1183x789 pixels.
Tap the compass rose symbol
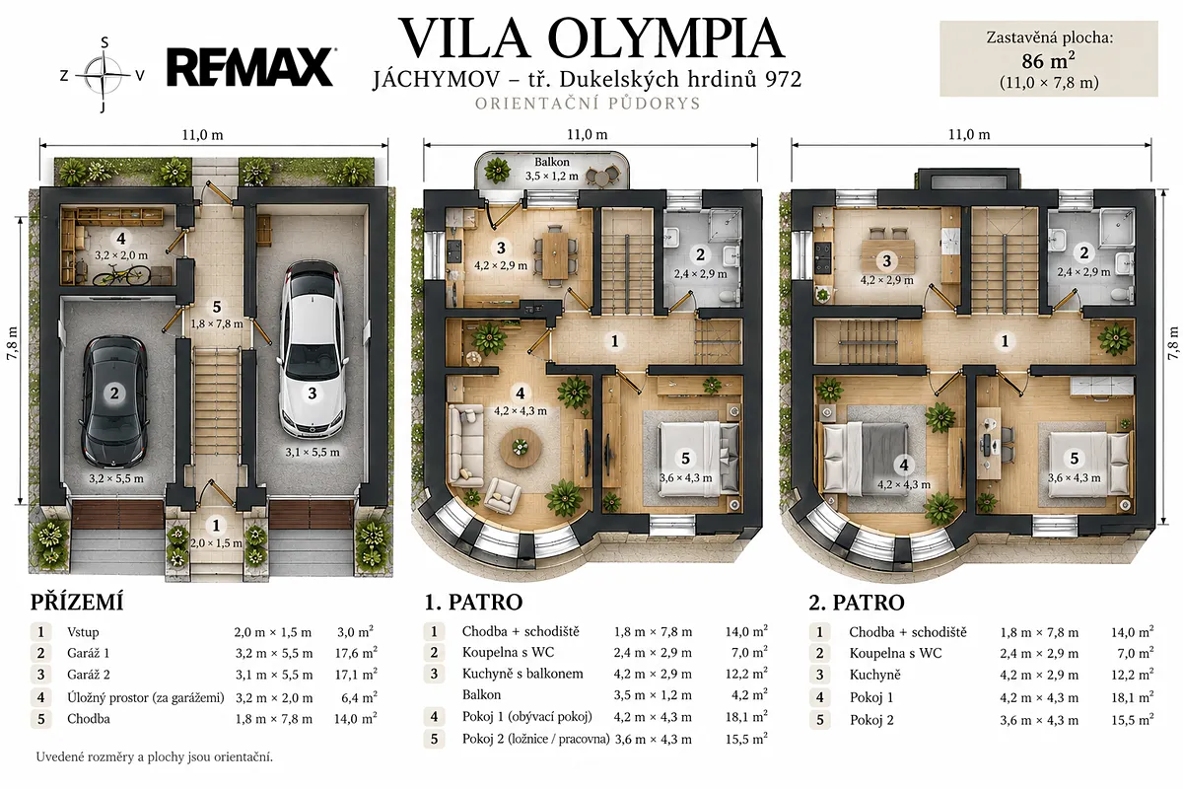tap(104, 76)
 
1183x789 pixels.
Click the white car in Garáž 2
tap(312, 348)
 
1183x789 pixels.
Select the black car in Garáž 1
tap(114, 401)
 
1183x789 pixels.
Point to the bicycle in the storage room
tap(121, 275)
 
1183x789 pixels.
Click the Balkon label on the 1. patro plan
tap(552, 163)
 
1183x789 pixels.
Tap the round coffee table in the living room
tap(521, 448)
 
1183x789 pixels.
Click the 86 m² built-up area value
tap(1048, 61)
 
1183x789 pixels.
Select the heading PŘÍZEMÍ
tap(77, 603)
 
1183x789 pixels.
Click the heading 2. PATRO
tap(856, 603)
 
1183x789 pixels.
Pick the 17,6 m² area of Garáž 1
tap(356, 653)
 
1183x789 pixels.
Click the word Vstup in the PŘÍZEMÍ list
tap(83, 632)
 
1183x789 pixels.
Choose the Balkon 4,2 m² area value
tap(749, 694)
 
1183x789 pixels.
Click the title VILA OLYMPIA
tap(591, 38)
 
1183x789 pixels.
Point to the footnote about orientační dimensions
tap(154, 757)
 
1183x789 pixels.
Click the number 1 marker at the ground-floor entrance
tap(216, 526)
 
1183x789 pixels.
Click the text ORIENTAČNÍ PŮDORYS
tap(588, 103)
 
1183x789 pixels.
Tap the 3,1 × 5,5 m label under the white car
tap(313, 453)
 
